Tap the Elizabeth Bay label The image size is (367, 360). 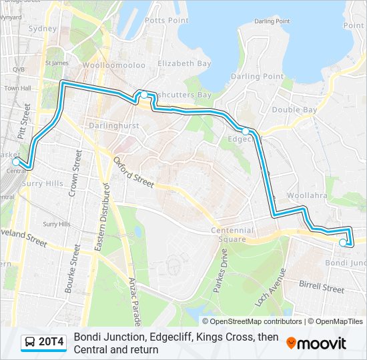click(x=184, y=63)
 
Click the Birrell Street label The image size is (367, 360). click(x=322, y=288)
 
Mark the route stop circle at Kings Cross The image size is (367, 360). click(x=143, y=95)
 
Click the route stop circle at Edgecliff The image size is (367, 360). click(x=246, y=131)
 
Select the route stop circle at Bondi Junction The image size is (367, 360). click(x=343, y=243)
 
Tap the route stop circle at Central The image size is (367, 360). click(x=16, y=161)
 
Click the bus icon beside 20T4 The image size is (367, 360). click(x=30, y=343)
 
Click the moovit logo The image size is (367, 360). click(x=316, y=343)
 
